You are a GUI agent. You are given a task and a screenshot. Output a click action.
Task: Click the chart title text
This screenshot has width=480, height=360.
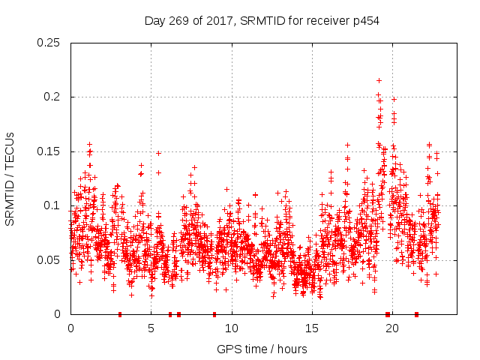point(262,21)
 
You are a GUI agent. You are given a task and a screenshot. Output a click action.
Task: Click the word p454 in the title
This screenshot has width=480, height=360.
point(365,21)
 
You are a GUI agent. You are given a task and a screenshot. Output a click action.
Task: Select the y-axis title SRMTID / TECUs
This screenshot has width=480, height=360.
point(10,178)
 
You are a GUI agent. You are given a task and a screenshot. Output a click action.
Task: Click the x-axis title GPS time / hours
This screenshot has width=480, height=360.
point(262,349)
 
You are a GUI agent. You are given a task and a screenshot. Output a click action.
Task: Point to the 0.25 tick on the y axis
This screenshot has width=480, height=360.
point(49,43)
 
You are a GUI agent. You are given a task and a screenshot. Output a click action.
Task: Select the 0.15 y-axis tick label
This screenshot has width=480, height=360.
point(49,151)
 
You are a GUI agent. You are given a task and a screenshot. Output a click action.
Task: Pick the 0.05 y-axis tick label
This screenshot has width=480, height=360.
point(49,260)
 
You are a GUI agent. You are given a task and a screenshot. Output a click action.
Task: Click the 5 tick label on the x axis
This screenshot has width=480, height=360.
point(151,328)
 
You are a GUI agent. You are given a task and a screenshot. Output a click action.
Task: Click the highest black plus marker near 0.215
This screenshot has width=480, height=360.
point(379,80)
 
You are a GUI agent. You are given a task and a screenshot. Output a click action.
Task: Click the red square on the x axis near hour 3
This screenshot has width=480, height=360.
point(120,314)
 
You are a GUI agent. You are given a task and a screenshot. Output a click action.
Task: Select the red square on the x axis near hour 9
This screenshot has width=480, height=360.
point(214,314)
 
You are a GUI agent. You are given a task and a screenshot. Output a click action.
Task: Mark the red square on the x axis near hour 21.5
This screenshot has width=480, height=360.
point(416,314)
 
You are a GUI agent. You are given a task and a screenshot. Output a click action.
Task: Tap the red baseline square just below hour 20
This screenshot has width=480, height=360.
point(388,314)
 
